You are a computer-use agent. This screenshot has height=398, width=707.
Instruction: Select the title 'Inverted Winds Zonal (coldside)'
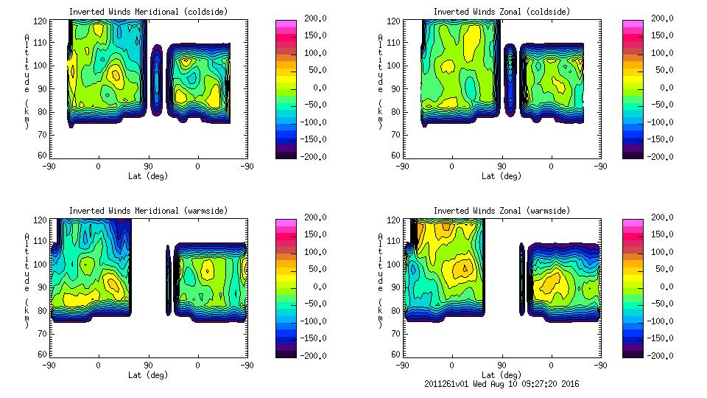tap(501, 11)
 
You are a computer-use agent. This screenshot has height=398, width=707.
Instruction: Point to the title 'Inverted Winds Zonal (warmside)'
tap(501, 210)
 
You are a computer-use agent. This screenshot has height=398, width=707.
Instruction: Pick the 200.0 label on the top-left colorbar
tap(312, 18)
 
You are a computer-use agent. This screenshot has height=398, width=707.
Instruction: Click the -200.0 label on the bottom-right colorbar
tap(664, 355)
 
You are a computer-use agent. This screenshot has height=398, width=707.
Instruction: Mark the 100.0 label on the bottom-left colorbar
tap(312, 251)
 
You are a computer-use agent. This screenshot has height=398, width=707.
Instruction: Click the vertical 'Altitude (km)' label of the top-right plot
tap(380, 81)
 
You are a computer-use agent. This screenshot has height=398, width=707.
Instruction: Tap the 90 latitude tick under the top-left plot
tap(148, 166)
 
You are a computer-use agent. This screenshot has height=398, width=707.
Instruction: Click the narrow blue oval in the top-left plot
tap(156, 81)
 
